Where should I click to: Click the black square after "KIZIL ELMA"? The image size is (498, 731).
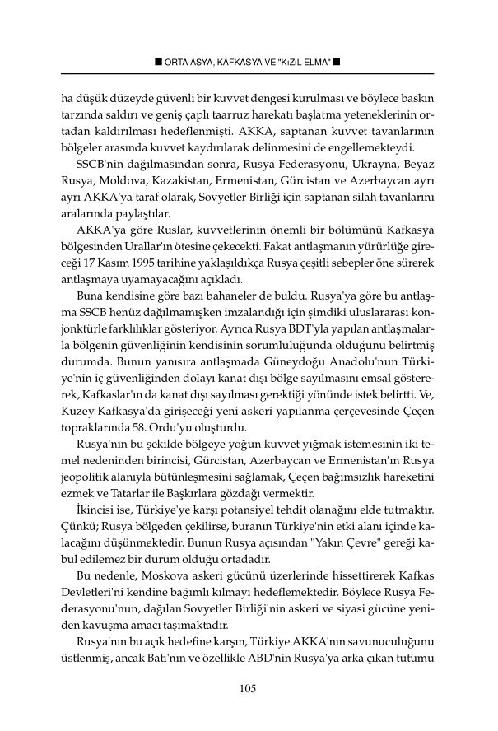(x=337, y=62)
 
